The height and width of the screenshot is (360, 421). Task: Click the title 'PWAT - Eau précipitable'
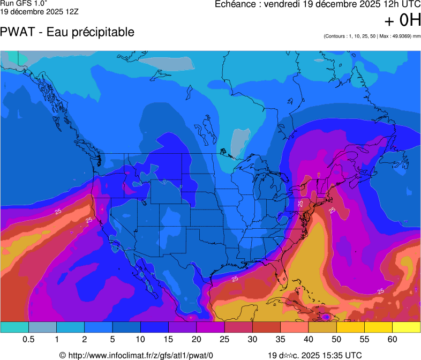pyautogui.click(x=67, y=32)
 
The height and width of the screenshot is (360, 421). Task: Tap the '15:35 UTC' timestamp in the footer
pyautogui.click(x=339, y=355)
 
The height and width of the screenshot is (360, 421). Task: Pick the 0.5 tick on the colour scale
pyautogui.click(x=28, y=340)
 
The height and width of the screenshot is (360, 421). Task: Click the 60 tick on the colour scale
pyautogui.click(x=393, y=340)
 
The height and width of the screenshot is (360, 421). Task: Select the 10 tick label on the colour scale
pyautogui.click(x=140, y=340)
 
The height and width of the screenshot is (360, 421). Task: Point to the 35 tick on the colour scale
pyautogui.click(x=280, y=340)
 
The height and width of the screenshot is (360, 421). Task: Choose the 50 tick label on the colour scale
pyautogui.click(x=336, y=340)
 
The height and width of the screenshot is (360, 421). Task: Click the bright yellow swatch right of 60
pyautogui.click(x=406, y=326)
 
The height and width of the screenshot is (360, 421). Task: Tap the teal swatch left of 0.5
pyautogui.click(x=14, y=326)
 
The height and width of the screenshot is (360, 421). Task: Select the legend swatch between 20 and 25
pyautogui.click(x=210, y=326)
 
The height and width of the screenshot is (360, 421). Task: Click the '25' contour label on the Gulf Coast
pyautogui.click(x=235, y=279)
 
